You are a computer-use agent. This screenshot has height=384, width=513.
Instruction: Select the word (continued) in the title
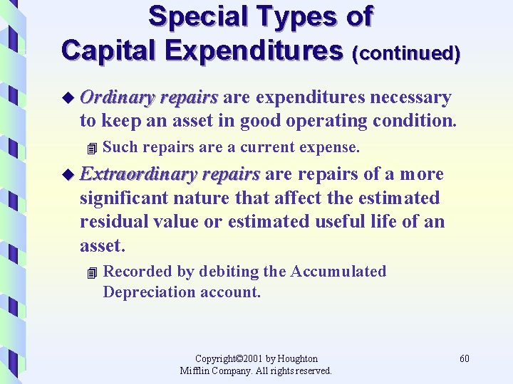(x=406, y=53)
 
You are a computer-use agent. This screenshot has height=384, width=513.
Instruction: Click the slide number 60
(x=465, y=358)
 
